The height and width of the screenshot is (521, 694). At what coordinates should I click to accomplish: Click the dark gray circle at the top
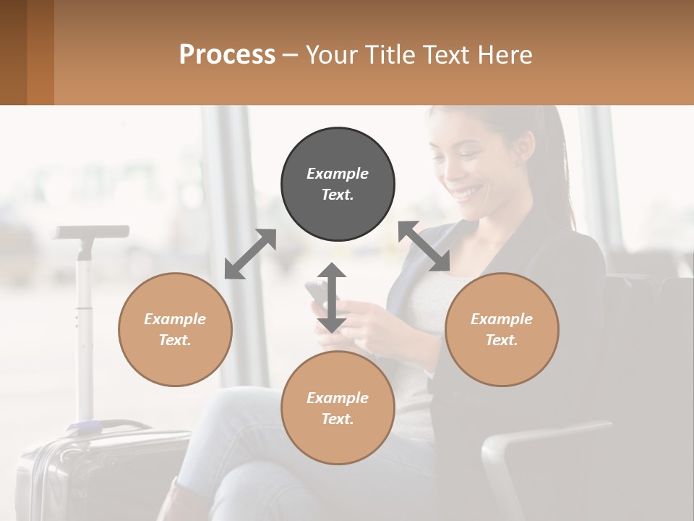click(338, 185)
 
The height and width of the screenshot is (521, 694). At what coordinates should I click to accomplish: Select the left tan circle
click(175, 329)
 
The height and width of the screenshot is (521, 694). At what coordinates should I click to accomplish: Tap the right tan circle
click(502, 329)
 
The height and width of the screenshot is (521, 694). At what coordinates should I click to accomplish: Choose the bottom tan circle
click(338, 407)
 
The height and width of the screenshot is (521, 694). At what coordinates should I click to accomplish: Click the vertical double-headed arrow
click(332, 297)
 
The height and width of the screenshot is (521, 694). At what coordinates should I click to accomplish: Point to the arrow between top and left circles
click(250, 254)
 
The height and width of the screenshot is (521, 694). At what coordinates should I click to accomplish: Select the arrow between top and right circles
click(424, 246)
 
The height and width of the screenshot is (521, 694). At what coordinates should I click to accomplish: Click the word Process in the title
click(227, 54)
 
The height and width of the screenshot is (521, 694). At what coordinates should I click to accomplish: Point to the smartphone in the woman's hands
click(317, 293)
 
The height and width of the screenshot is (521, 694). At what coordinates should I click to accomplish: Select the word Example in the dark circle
click(338, 174)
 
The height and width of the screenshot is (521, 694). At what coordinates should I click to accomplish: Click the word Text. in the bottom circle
click(338, 419)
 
